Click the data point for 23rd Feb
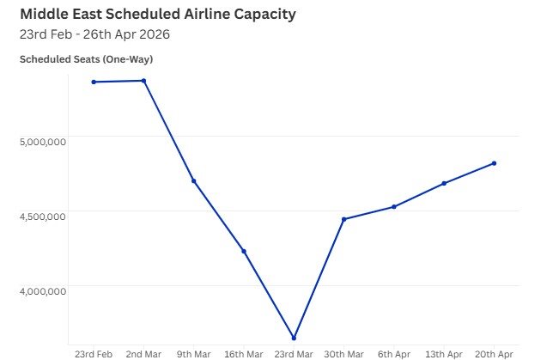coord(94,82)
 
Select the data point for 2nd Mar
coord(143,81)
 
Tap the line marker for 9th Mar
coord(194,181)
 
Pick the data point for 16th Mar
coord(244,251)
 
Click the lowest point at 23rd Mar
coord(294,338)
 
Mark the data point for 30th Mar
coord(343,219)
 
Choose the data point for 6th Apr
coord(394,206)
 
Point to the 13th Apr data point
coord(444,183)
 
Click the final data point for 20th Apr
coord(495,163)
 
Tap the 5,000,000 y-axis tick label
coord(42,142)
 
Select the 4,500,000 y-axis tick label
coord(42,217)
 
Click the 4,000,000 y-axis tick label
coord(42,291)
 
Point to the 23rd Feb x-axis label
coord(94,353)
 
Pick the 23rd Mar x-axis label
coord(294,353)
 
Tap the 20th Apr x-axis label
coord(495,353)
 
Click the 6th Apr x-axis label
coord(394,353)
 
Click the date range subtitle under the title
coord(94,34)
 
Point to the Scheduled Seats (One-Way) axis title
coord(86,59)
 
